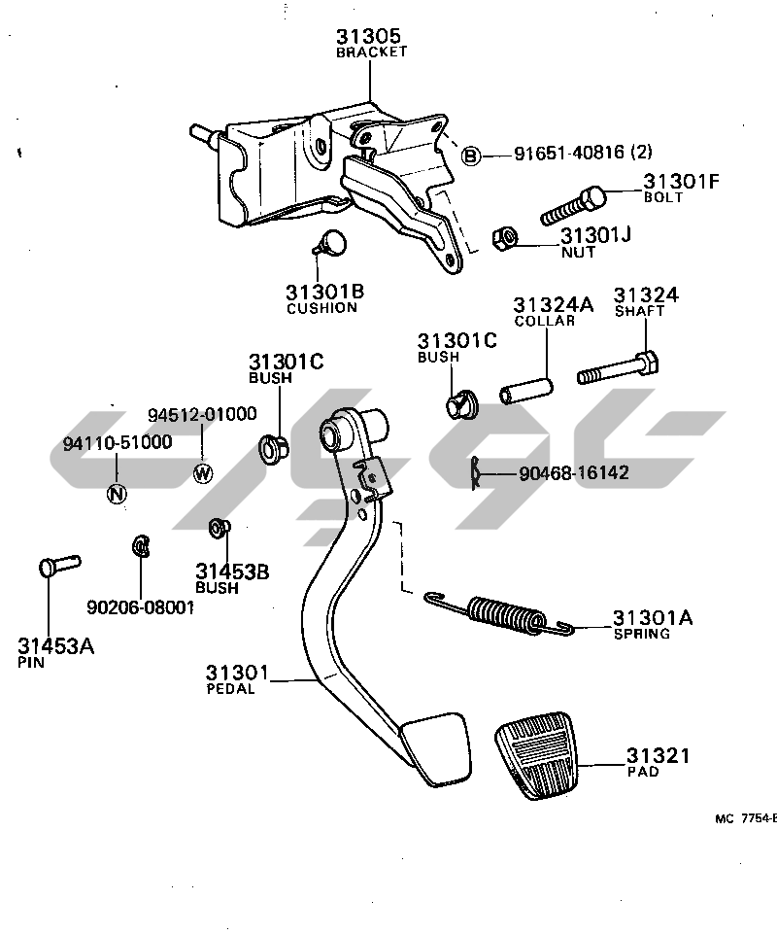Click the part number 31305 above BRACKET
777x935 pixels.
pos(367,37)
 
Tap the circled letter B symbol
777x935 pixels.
pos(471,156)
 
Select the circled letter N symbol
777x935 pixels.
pos(116,493)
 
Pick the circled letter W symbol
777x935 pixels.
pos(203,473)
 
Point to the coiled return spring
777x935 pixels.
pos(505,615)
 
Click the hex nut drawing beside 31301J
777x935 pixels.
pos(505,239)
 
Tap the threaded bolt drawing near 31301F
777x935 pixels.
pos(573,206)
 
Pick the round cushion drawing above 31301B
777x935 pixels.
pos(334,242)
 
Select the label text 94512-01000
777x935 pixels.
pos(202,414)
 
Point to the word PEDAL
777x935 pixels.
pos(231,689)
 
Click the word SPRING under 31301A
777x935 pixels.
pos(641,634)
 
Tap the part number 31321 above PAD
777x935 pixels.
pos(658,755)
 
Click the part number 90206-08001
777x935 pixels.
pos(141,607)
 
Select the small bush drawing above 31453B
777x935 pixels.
pos(219,529)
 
